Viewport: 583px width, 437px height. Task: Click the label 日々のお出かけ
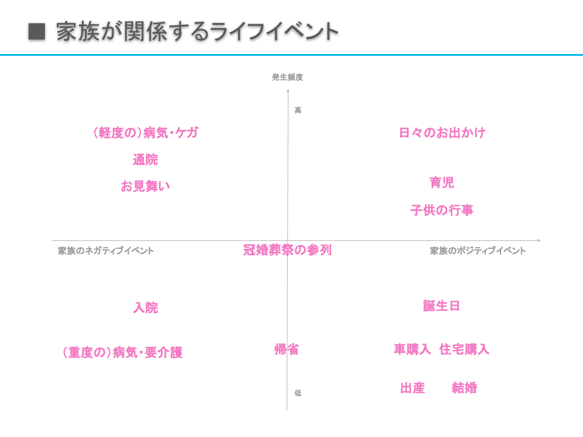442,133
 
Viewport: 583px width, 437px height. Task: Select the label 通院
145,160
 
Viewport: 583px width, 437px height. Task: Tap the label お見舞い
145,186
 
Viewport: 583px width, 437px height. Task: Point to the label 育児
442,183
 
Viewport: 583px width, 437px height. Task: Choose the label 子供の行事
442,211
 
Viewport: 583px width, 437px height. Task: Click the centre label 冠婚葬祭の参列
287,250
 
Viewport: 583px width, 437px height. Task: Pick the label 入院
145,308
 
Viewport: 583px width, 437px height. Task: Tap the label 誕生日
442,306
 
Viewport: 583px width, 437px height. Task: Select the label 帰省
287,350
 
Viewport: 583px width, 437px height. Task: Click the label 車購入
412,350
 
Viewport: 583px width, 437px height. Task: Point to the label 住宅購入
464,350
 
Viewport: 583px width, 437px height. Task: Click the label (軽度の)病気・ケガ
145,133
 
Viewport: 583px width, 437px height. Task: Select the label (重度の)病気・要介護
122,353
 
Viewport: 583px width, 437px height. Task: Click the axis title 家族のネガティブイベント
106,251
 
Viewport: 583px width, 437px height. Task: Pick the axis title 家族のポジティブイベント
478,251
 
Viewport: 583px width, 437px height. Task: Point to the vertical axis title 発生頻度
287,77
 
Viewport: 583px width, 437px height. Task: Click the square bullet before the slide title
37,32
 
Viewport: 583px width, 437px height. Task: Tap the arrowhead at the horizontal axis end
538,241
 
